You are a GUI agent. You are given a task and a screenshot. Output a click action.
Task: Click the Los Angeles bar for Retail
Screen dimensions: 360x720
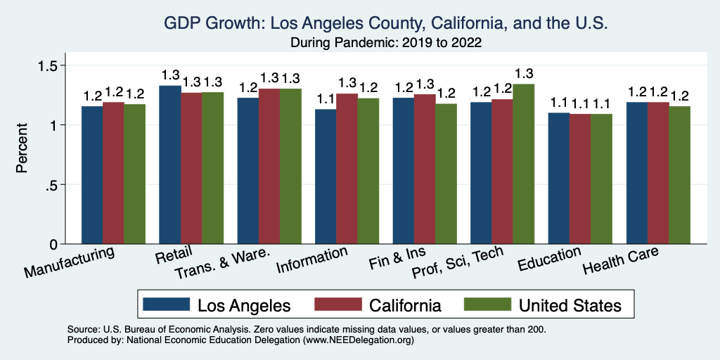[x=170, y=165]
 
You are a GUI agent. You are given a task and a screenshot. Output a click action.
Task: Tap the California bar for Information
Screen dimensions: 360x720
[x=347, y=169]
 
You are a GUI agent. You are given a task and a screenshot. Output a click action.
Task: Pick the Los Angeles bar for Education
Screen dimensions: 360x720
[x=559, y=179]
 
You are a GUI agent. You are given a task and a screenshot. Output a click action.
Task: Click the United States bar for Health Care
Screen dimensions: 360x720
[x=679, y=176]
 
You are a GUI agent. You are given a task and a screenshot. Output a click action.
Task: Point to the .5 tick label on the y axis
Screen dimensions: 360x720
[x=56, y=185]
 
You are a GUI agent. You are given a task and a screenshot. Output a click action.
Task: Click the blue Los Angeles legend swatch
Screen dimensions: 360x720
[x=167, y=304]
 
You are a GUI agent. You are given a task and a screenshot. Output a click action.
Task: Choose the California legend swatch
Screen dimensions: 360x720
[x=338, y=304]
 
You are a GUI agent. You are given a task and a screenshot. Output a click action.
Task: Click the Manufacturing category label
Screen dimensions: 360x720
[x=70, y=262]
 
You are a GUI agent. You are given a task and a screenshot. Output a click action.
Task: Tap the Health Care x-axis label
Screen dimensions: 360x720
[x=621, y=262]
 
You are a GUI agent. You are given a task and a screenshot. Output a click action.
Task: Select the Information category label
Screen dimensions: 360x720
[x=311, y=261]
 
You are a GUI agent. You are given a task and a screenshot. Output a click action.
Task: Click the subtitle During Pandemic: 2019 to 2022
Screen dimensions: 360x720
[x=386, y=42]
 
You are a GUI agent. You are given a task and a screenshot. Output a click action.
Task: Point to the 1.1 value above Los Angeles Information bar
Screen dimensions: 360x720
[x=326, y=99]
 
